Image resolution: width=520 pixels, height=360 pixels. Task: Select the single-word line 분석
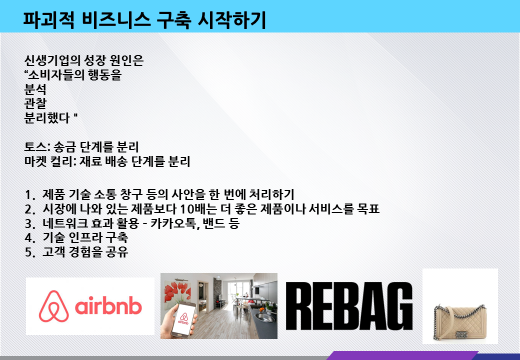click(35, 89)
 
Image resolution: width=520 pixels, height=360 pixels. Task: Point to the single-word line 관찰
click(35, 104)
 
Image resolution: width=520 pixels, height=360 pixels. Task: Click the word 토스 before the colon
click(35, 147)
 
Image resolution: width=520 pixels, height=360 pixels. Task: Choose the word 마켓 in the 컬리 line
click(35, 161)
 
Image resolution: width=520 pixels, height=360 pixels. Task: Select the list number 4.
click(28, 238)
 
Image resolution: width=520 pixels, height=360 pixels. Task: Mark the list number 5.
click(28, 252)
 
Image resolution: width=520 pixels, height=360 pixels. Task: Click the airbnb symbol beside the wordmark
click(53, 306)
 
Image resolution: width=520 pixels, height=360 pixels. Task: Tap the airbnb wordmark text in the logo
click(108, 305)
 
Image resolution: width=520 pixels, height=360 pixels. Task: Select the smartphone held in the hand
click(183, 319)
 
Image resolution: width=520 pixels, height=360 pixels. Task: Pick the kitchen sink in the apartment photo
click(265, 318)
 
